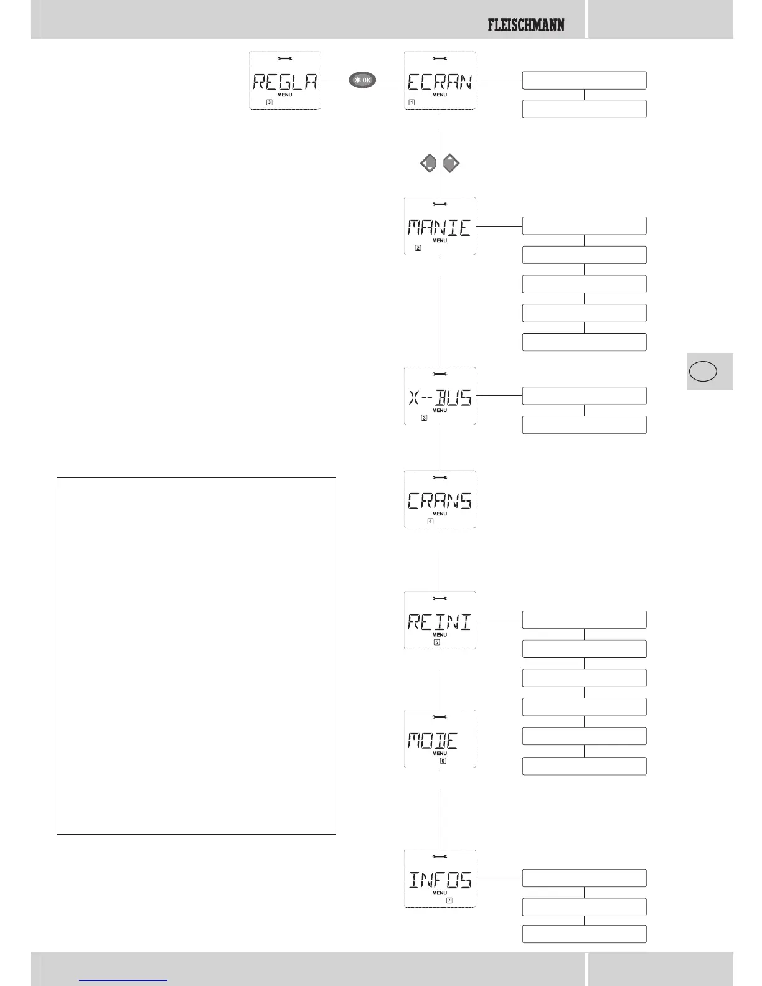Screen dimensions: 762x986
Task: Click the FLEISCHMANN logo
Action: [526, 25]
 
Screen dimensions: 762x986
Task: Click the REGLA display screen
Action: [285, 81]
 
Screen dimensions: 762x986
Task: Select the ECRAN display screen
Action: [440, 81]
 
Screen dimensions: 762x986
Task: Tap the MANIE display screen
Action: [440, 226]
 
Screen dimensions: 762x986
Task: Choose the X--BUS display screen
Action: [440, 396]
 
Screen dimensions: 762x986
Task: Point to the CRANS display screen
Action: [440, 500]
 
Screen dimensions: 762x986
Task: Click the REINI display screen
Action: [440, 621]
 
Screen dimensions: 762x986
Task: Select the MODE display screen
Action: [440, 739]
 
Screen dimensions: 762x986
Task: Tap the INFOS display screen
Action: [440, 878]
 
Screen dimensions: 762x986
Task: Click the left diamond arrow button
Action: [428, 164]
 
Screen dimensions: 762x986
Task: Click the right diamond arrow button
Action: [451, 164]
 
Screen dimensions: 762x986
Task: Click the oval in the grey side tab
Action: [703, 372]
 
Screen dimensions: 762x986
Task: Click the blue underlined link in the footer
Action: [123, 979]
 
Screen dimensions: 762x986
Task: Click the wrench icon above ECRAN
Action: [440, 59]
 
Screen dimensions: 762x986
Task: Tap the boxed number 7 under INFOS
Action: [449, 900]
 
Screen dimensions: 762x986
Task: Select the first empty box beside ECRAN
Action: [584, 80]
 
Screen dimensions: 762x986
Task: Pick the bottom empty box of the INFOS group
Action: [584, 934]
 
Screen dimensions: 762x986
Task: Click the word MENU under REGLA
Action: [285, 95]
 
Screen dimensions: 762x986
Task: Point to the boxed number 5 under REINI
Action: [437, 642]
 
